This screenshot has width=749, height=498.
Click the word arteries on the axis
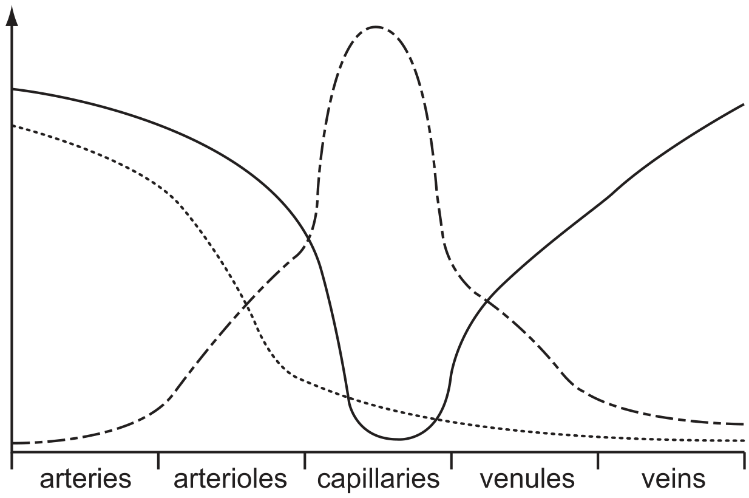coord(86,479)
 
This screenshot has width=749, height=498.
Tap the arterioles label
coord(231,479)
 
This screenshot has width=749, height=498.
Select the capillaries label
coord(378,480)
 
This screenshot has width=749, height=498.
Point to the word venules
coord(527,479)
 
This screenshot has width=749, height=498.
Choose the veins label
coord(673,479)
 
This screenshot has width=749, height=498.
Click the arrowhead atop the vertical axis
coord(12,15)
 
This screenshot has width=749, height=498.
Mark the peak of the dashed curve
coord(376,27)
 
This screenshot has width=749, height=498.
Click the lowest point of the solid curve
coord(398,439)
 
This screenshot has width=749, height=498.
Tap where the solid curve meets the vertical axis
coord(13,89)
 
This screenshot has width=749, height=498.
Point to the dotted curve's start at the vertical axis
coord(13,126)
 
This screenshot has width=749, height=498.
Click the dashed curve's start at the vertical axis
coord(13,443)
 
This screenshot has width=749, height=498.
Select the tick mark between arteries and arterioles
coord(158,460)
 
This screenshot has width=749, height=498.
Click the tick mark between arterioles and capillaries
coord(305,460)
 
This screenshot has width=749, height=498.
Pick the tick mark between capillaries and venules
coord(451,460)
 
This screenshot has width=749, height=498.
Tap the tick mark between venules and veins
coord(598,460)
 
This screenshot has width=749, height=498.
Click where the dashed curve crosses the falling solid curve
coord(308,239)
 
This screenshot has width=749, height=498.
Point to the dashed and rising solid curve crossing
coord(487,301)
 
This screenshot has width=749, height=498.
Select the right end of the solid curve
coord(744,104)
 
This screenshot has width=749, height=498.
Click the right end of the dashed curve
coord(743,425)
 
